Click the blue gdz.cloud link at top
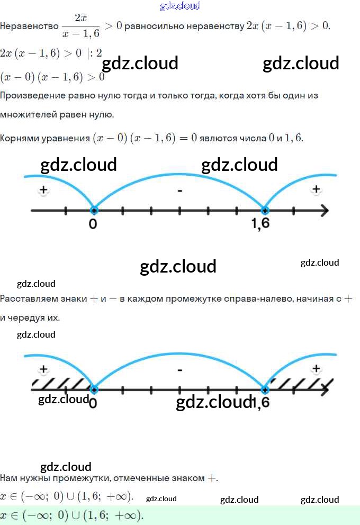[x=180, y=6]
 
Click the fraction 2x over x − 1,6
[x=80, y=26]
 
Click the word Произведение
[x=33, y=96]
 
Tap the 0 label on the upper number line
[x=93, y=224]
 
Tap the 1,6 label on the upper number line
[x=260, y=224]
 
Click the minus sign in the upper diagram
[x=180, y=190]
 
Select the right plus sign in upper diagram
[x=316, y=189]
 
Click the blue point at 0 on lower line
[x=94, y=390]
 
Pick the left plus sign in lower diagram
[x=43, y=369]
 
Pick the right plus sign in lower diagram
[x=316, y=368]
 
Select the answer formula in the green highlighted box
[x=72, y=515]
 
